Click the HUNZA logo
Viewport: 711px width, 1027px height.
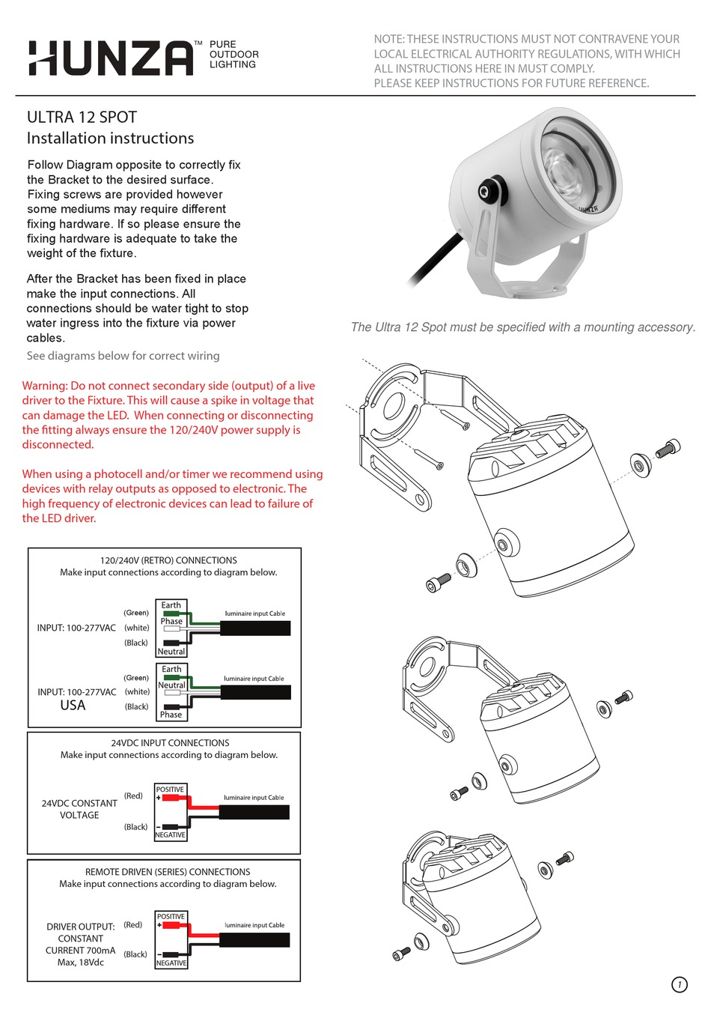point(111,58)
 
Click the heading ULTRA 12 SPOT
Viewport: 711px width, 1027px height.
point(82,118)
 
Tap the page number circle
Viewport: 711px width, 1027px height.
point(679,984)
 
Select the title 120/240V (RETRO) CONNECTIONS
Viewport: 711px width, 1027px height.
point(168,560)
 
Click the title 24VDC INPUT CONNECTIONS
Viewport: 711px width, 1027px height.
point(170,743)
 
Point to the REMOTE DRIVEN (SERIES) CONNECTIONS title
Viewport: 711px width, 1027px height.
point(168,872)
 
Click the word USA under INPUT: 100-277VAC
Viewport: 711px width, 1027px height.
point(73,706)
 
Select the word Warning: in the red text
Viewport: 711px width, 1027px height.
point(45,386)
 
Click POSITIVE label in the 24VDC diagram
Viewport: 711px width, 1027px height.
point(170,790)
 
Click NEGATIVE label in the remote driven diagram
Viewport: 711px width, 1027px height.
point(171,963)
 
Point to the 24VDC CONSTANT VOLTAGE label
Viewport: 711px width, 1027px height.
point(79,809)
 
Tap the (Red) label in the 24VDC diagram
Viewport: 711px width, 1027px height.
point(133,796)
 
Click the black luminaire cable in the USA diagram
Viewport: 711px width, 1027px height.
point(255,693)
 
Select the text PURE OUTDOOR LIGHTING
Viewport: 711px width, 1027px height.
point(234,55)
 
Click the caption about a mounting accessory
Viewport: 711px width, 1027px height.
point(522,327)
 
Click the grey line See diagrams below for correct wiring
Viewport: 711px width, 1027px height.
point(123,356)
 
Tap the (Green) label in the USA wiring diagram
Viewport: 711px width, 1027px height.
point(136,678)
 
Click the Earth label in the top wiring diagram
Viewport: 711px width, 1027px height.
point(171,605)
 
